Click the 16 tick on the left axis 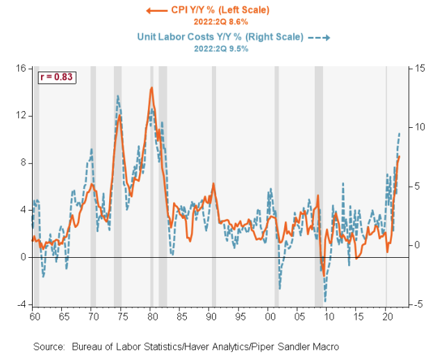[x=21, y=68]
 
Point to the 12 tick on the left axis [x=21, y=115]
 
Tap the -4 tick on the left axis [x=21, y=304]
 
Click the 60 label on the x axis [x=33, y=316]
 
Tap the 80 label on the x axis [x=151, y=316]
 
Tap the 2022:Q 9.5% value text [x=220, y=48]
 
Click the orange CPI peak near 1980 [x=151, y=88]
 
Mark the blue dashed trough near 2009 [x=325, y=300]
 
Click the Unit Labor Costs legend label [x=220, y=37]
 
